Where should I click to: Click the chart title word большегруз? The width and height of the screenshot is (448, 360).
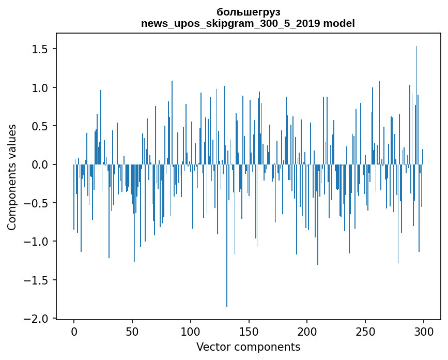click(248, 12)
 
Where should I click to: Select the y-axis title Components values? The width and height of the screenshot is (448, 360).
click(12, 177)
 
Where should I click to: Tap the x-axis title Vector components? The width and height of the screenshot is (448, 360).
click(248, 347)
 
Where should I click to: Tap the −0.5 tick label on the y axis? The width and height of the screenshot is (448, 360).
click(37, 203)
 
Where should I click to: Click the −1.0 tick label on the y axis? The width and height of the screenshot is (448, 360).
click(37, 242)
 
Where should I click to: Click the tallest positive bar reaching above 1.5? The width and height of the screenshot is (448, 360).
click(416, 103)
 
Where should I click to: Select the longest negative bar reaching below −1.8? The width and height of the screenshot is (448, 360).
click(227, 238)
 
